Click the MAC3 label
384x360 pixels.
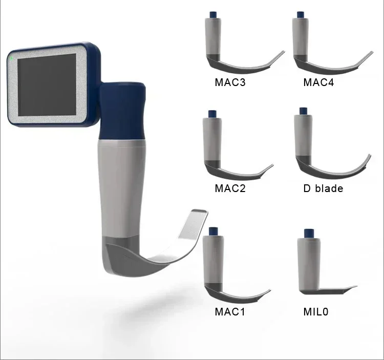(230, 82)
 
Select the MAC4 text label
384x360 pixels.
(318, 82)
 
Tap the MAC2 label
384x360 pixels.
(230, 188)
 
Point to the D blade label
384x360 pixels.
(323, 188)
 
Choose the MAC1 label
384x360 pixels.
(230, 311)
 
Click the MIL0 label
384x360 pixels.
(316, 311)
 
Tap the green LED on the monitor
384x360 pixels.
(11, 57)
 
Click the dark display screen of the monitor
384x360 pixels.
(47, 84)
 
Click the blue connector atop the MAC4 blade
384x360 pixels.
(299, 13)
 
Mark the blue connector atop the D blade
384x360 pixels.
(303, 111)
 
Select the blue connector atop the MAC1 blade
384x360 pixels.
(211, 232)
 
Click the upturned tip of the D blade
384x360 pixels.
(367, 158)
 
